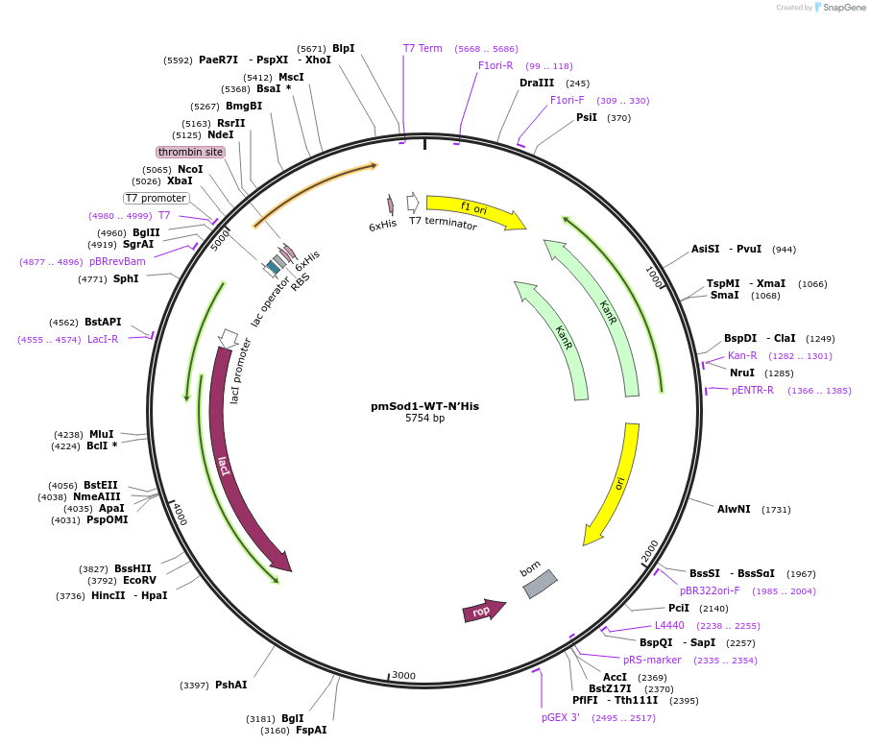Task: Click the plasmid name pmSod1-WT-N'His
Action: pos(424,406)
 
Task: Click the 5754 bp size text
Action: pos(424,419)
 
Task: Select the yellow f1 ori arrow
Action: pos(474,210)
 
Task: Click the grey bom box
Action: pos(540,584)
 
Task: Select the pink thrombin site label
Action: pos(191,152)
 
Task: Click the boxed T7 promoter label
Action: pos(156,198)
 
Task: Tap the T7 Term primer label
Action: pos(423,48)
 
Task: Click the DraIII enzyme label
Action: pos(537,83)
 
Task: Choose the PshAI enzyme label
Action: pos(231,685)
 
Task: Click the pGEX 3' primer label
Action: pos(560,717)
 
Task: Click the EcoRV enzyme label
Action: pos(139,581)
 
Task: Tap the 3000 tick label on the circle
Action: pos(404,676)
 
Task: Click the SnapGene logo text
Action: pos(841,8)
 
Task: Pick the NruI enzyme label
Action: pos(742,373)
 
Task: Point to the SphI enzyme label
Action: pos(126,278)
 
